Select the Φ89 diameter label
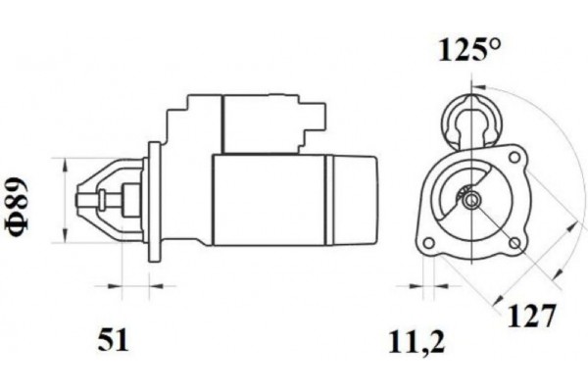[21, 204]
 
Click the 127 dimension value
[533, 317]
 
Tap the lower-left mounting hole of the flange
[428, 242]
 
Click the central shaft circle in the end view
[471, 201]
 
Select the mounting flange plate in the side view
[154, 201]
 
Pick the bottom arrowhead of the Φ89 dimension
[66, 240]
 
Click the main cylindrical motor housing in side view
[269, 201]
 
